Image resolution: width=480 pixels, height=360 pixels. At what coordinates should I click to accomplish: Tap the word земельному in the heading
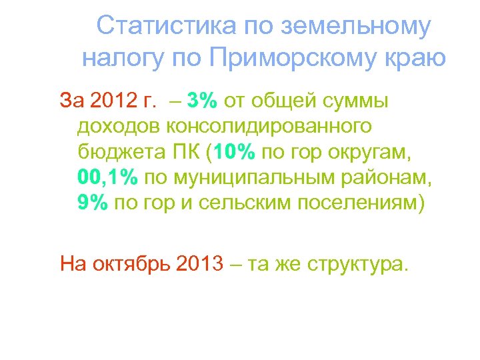[x=356, y=27]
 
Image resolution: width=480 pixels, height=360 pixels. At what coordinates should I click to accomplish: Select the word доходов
[x=119, y=126]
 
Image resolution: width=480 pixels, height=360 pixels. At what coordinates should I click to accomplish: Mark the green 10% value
[x=235, y=152]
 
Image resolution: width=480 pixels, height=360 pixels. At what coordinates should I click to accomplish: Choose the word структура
[x=356, y=264]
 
